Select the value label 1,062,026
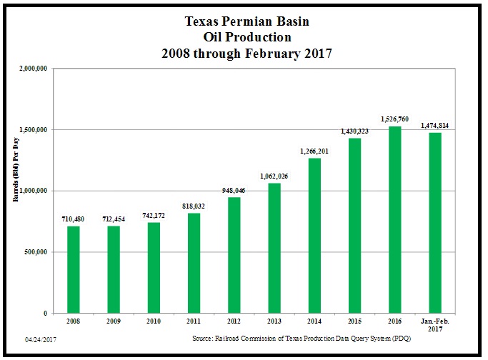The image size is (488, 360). pos(273,176)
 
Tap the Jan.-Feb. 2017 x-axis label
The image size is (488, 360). pos(434,326)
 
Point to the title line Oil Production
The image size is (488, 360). pos(244,38)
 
